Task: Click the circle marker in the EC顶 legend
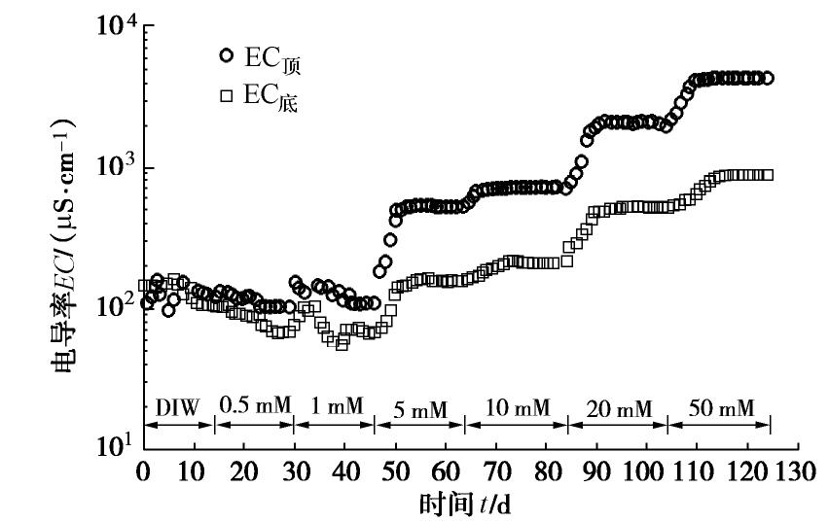coord(228,56)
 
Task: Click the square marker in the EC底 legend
coord(228,96)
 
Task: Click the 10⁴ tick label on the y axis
coord(116,29)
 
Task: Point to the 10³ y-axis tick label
coord(116,168)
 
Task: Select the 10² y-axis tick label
coord(116,307)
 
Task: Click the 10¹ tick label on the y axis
coord(116,446)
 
